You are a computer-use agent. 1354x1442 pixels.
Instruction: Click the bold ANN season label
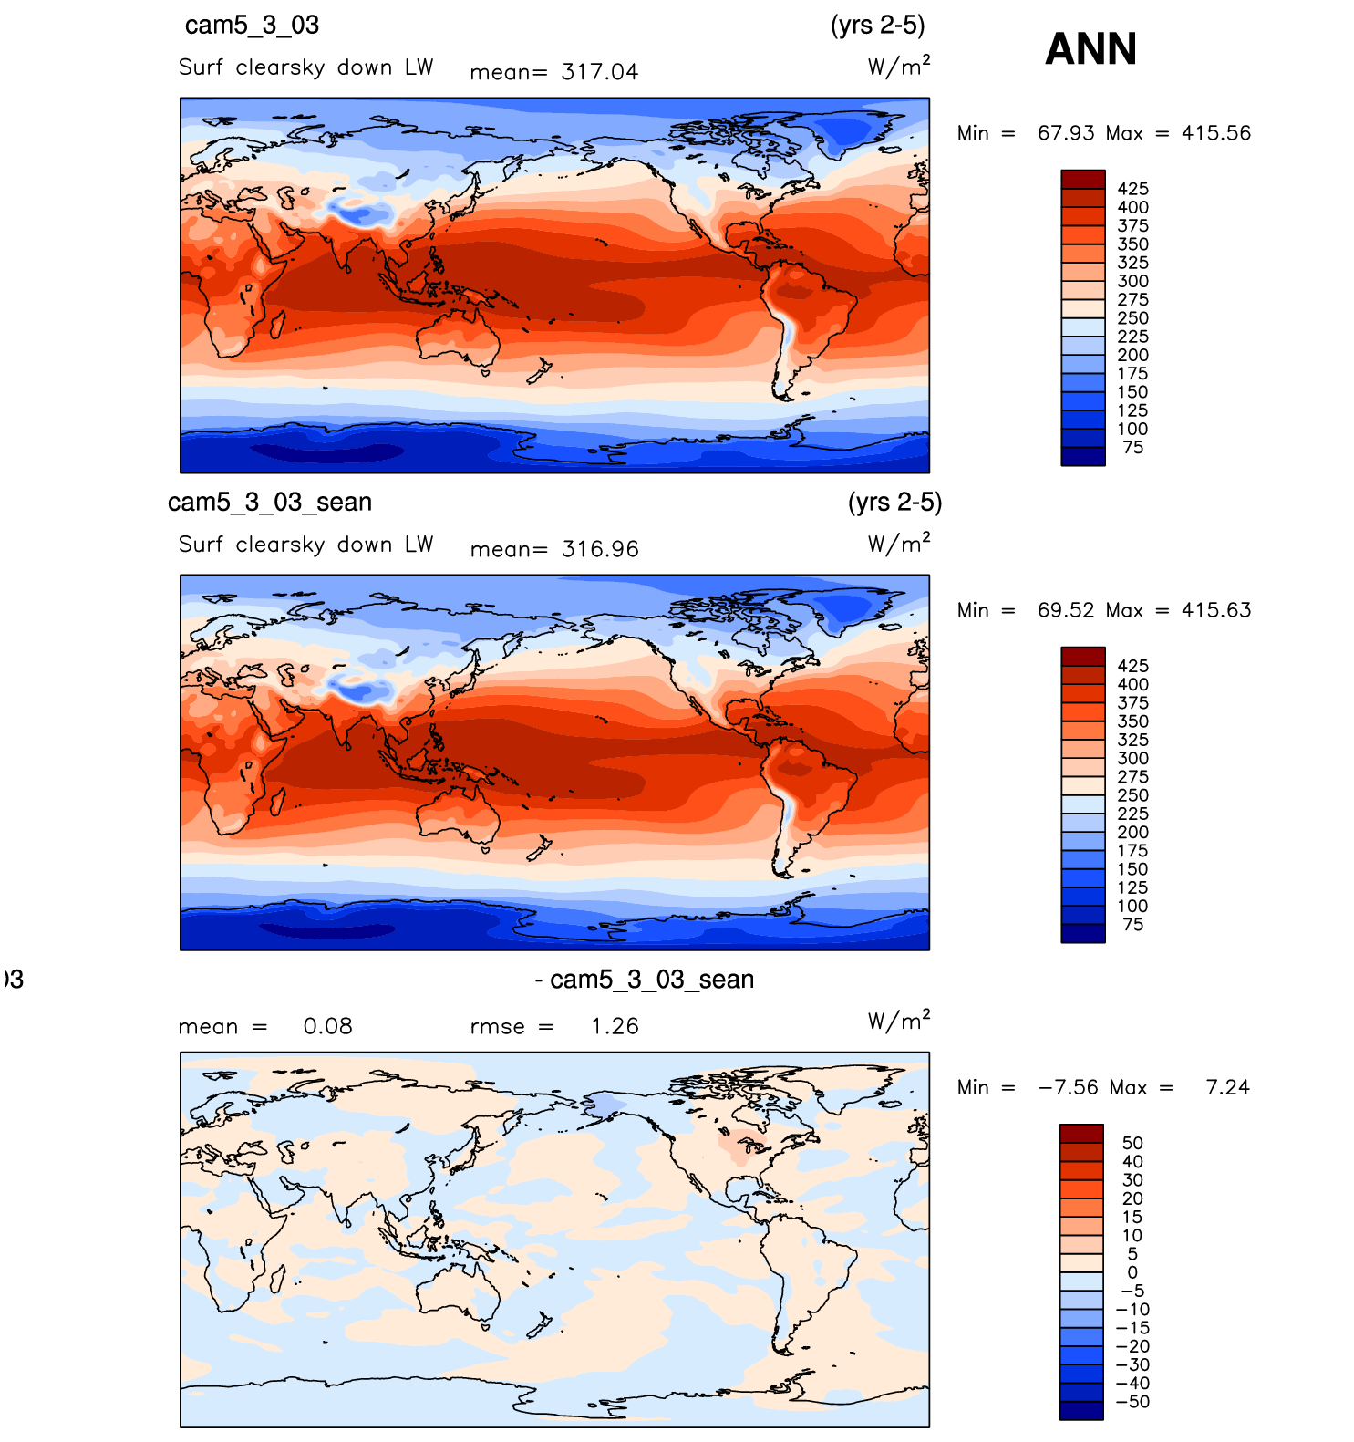tap(1090, 49)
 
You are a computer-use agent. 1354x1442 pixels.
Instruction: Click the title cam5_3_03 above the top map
tap(252, 26)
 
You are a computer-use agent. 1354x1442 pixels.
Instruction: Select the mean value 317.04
tap(599, 72)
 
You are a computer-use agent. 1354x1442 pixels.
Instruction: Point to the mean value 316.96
tap(599, 549)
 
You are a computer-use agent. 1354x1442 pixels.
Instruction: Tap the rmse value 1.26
tap(614, 1026)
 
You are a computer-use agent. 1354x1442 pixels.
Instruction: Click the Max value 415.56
tap(1215, 133)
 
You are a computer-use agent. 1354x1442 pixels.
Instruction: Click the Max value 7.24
tap(1226, 1087)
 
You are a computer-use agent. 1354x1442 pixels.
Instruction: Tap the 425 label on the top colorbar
tap(1132, 189)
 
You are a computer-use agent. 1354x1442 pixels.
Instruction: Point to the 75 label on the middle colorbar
tap(1132, 925)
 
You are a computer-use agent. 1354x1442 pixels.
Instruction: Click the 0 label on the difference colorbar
tap(1132, 1272)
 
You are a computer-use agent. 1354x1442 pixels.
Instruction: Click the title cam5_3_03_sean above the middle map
tap(270, 503)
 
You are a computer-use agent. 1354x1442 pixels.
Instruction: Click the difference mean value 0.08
tap(327, 1026)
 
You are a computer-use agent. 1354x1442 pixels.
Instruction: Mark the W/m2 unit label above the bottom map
tap(898, 1021)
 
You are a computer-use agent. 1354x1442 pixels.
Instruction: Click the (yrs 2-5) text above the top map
tap(877, 26)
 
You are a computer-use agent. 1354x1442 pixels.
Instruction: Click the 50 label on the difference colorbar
tap(1132, 1143)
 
